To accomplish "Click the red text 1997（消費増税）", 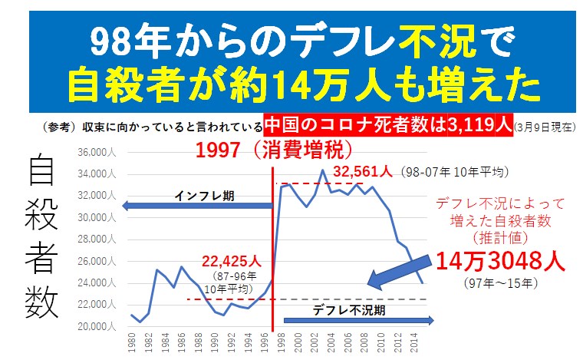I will [273, 149].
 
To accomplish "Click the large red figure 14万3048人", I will [500, 262].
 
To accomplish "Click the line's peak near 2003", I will [323, 170].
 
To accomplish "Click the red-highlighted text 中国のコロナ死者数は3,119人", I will [387, 124].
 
